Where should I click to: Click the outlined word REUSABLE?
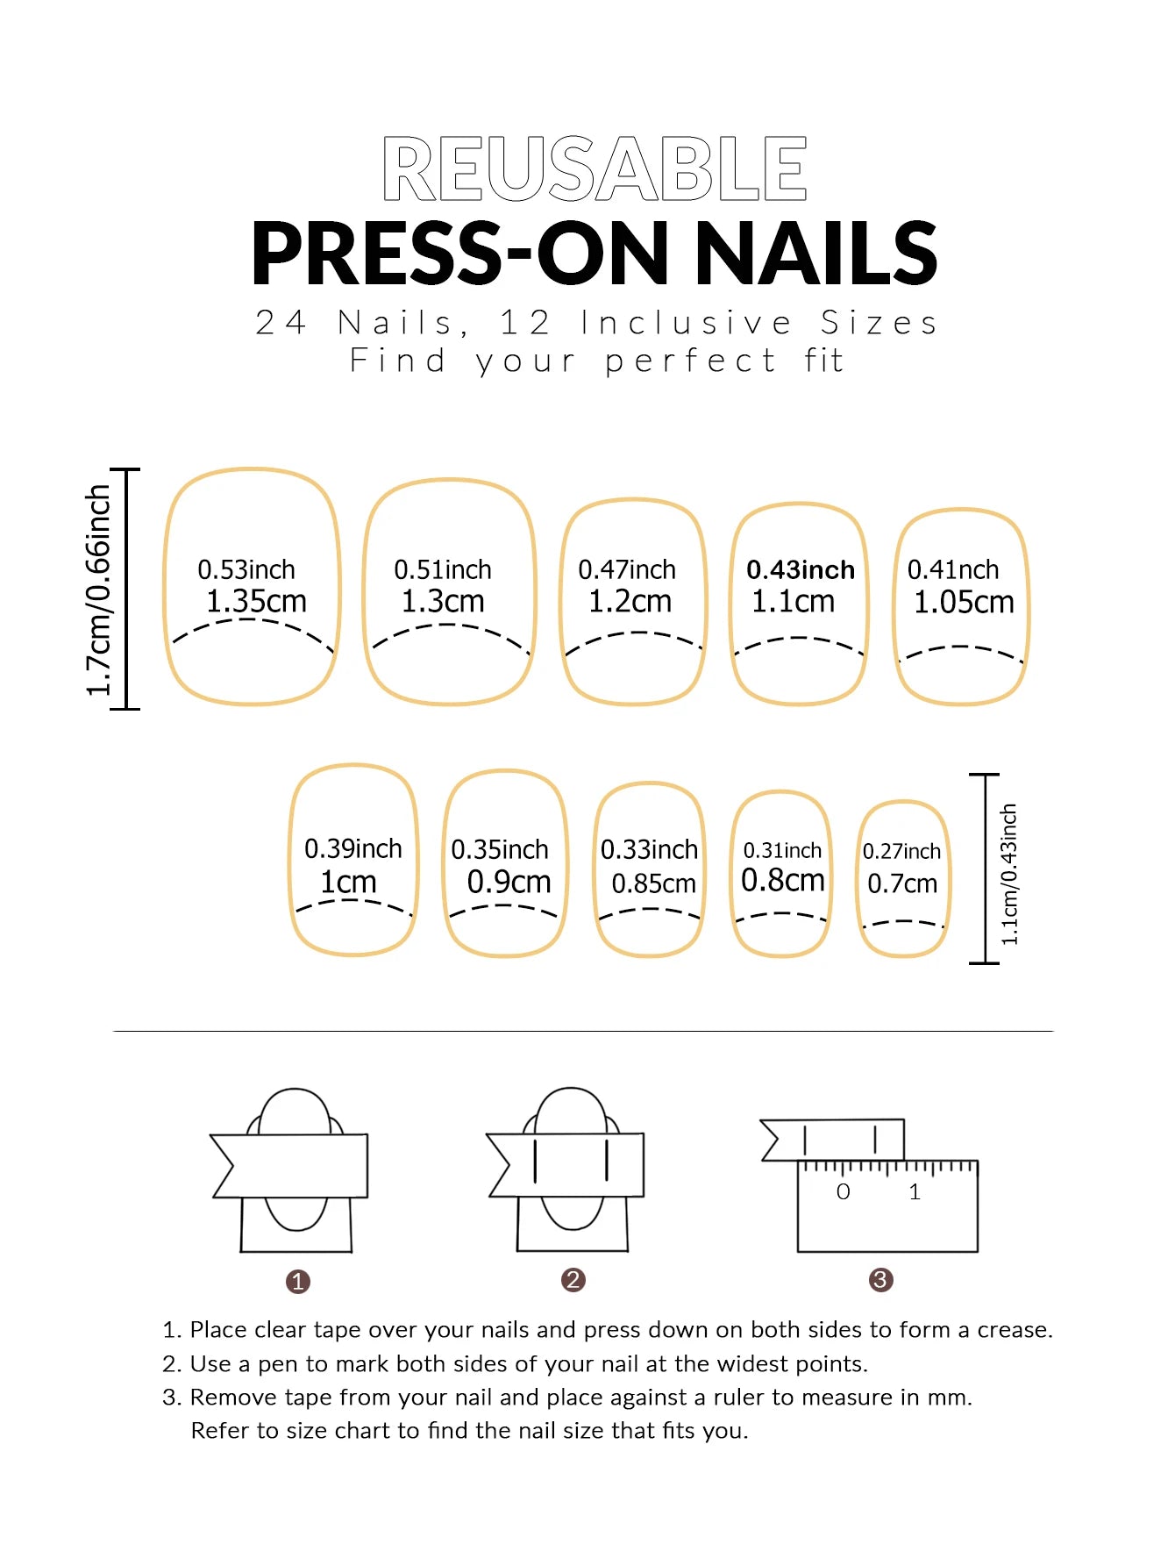595,168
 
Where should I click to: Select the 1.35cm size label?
256,602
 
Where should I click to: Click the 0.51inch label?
442,570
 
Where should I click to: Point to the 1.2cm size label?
630,602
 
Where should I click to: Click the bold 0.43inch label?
800,570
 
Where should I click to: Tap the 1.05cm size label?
963,603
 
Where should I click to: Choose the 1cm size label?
348,882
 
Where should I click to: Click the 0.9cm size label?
509,882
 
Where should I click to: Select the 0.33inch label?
649,849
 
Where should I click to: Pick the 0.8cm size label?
782,880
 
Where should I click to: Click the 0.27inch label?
901,851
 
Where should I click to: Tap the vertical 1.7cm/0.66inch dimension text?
99,590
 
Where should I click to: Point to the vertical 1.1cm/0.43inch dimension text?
1009,874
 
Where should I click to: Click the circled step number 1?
298,1282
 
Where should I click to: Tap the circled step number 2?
573,1280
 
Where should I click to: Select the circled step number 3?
880,1280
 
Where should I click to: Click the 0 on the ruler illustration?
843,1191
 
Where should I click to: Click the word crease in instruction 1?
1013,1330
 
